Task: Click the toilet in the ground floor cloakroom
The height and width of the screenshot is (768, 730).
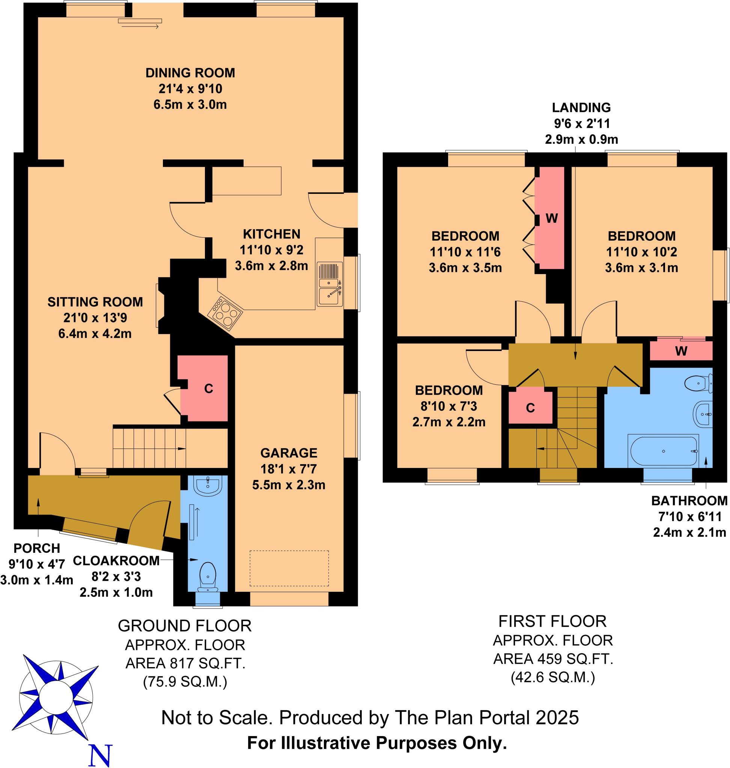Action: tap(208, 576)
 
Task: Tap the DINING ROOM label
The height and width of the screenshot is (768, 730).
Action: tap(190, 73)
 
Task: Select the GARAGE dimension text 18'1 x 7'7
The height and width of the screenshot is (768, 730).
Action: tap(288, 469)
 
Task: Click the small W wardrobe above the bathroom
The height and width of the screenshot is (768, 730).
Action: tap(681, 351)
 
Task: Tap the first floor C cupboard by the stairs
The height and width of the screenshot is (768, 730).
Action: tap(530, 408)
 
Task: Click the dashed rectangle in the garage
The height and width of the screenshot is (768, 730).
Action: tap(289, 568)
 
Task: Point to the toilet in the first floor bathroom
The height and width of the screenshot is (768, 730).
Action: tap(698, 383)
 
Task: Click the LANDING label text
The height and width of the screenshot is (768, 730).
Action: tap(581, 107)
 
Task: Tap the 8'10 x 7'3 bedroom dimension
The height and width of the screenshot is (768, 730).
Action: tap(449, 406)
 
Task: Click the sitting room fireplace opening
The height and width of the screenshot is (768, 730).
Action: tap(160, 306)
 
